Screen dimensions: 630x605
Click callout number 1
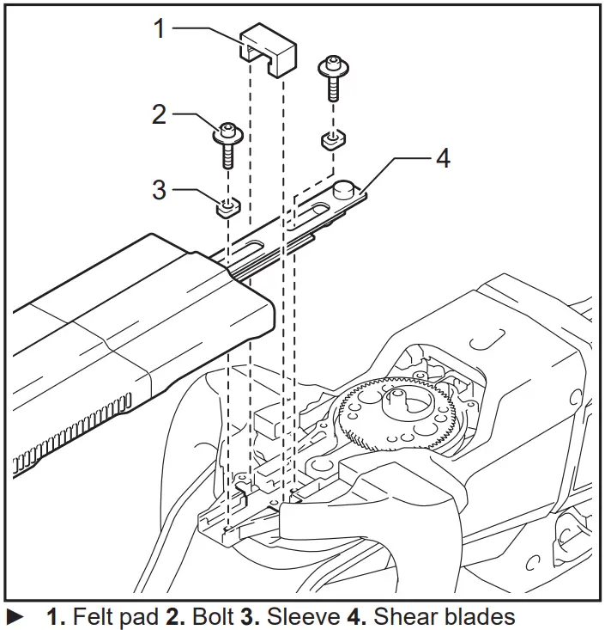point(158,28)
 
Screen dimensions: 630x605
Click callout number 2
point(159,114)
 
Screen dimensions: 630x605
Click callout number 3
point(159,188)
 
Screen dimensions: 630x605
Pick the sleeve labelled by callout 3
point(227,206)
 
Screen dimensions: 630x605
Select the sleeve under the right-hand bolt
point(332,139)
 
